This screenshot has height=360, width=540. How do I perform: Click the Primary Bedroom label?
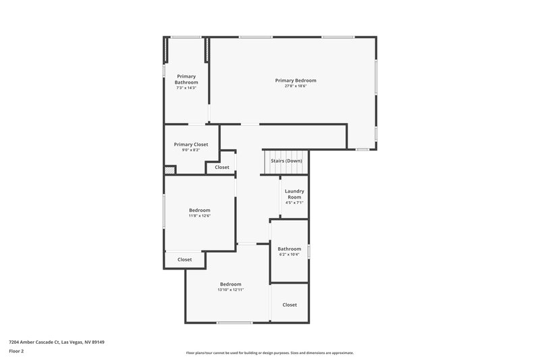pyautogui.click(x=295, y=80)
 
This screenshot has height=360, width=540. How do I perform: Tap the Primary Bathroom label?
pyautogui.click(x=186, y=79)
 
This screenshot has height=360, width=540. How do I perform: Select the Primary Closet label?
pyautogui.click(x=191, y=144)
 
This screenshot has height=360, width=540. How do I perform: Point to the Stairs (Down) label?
pyautogui.click(x=286, y=161)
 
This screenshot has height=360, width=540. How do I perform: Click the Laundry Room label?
pyautogui.click(x=294, y=194)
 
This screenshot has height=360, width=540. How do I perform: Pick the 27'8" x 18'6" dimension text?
pyautogui.click(x=295, y=86)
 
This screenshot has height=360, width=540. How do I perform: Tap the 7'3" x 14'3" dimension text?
pyautogui.click(x=186, y=88)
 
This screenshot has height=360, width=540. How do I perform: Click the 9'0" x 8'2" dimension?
pyautogui.click(x=191, y=150)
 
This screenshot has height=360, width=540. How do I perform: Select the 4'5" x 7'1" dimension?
pyautogui.click(x=294, y=203)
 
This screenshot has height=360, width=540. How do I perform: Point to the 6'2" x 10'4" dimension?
pyautogui.click(x=289, y=255)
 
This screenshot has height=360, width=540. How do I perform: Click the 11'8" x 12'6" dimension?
pyautogui.click(x=199, y=216)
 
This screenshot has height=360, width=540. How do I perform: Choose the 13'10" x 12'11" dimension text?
pyautogui.click(x=230, y=290)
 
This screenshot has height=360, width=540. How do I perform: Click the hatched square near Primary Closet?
pyautogui.click(x=169, y=170)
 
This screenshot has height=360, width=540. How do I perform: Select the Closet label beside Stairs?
pyautogui.click(x=222, y=167)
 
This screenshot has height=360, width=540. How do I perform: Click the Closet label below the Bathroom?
pyautogui.click(x=290, y=305)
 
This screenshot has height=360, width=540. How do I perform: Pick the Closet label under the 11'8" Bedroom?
pyautogui.click(x=184, y=259)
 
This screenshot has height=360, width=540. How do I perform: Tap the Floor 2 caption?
pyautogui.click(x=16, y=351)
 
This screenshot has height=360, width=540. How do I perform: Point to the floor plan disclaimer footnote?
pyautogui.click(x=269, y=353)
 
